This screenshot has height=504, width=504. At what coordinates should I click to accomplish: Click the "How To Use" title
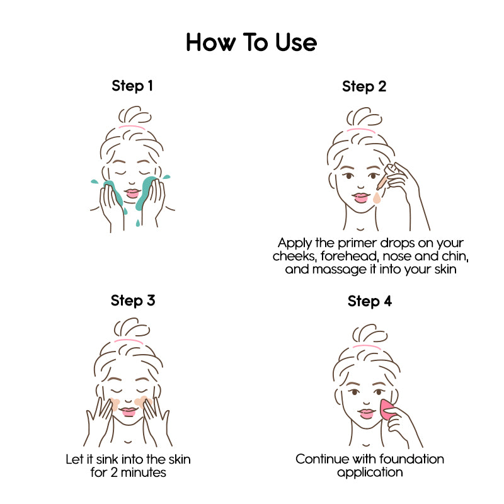click(x=251, y=43)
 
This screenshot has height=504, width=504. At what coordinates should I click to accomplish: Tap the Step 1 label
click(x=132, y=86)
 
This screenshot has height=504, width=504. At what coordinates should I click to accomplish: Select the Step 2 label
click(x=364, y=86)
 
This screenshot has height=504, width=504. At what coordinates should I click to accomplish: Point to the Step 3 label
click(x=132, y=301)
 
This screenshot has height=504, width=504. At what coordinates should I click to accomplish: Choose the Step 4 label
click(x=370, y=302)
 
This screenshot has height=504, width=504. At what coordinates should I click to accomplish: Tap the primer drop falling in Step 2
click(x=377, y=198)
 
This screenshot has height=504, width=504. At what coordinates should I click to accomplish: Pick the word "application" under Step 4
click(x=370, y=472)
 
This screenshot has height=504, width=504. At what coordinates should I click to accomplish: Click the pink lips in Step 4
click(x=366, y=414)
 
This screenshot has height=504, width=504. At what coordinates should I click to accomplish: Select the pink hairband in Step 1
click(x=133, y=127)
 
